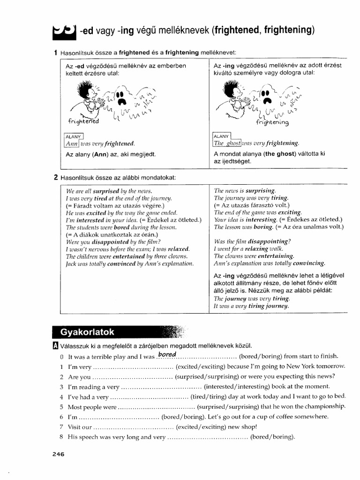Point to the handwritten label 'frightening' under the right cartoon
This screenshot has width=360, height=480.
pyautogui.click(x=273, y=122)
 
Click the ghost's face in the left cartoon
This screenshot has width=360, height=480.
pyautogui.click(x=121, y=96)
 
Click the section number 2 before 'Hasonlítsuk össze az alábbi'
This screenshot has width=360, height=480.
pyautogui.click(x=56, y=177)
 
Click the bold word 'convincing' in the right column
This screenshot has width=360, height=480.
pyautogui.click(x=309, y=263)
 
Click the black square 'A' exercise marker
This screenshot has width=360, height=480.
pyautogui.click(x=56, y=346)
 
